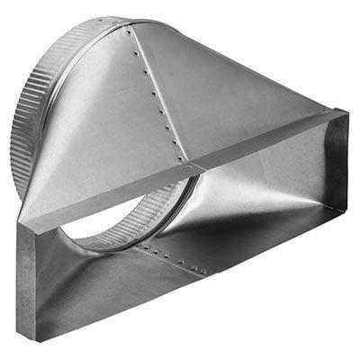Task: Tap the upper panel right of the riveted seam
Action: tap(225, 99)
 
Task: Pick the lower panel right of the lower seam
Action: tap(261, 243)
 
